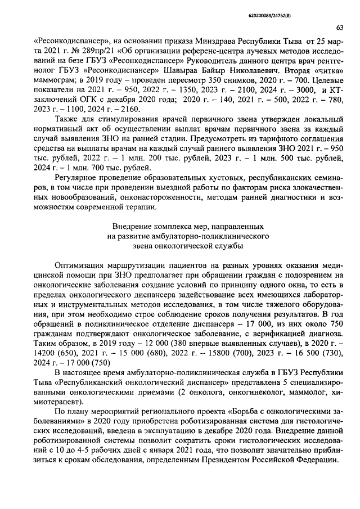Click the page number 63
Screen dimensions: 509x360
coord(340,27)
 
